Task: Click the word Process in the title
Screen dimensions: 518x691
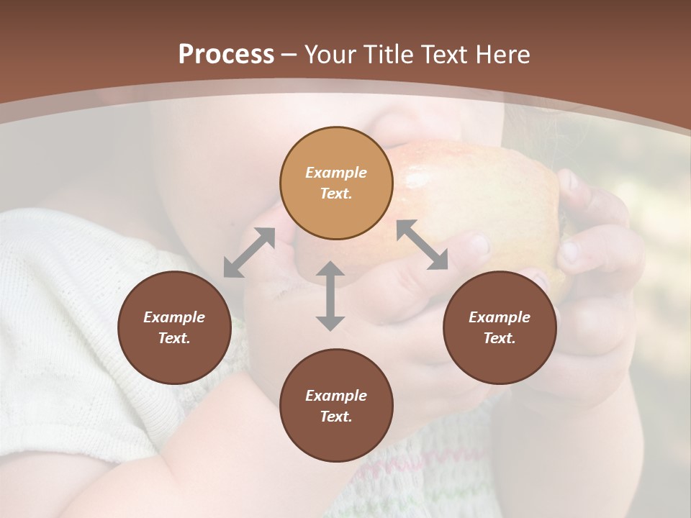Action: pyautogui.click(x=226, y=55)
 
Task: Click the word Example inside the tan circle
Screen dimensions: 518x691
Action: pyautogui.click(x=336, y=173)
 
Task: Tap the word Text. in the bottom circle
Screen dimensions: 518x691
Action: pyautogui.click(x=336, y=417)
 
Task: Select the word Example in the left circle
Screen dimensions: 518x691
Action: pyautogui.click(x=174, y=317)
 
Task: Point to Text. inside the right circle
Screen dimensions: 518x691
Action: pyautogui.click(x=500, y=338)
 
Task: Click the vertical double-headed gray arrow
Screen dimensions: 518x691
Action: pyautogui.click(x=330, y=296)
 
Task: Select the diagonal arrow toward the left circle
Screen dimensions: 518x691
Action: pyautogui.click(x=249, y=253)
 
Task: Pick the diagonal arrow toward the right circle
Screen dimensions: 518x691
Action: pyautogui.click(x=423, y=245)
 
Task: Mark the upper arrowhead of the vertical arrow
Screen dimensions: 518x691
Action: pyautogui.click(x=330, y=269)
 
